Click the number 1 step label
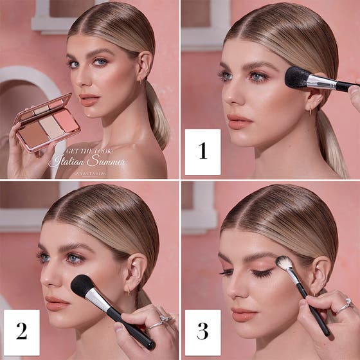203,152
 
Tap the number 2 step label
21,332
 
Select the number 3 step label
203,332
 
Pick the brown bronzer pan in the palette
35,133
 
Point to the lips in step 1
239,121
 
